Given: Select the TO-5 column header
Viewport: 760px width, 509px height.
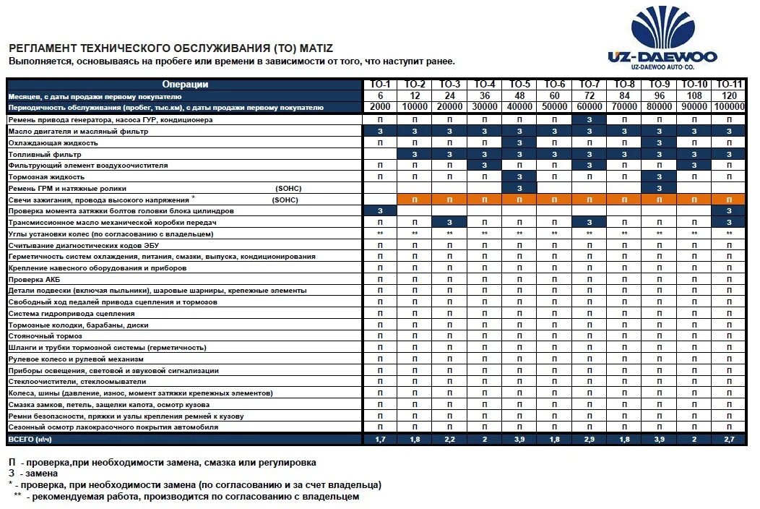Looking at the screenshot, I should click(520, 85).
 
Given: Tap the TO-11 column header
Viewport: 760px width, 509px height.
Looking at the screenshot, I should click(729, 85).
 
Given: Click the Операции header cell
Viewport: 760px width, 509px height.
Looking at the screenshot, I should click(185, 85).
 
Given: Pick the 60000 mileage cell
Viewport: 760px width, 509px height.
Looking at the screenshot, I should click(590, 107).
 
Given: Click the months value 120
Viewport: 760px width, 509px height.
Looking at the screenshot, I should click(729, 95).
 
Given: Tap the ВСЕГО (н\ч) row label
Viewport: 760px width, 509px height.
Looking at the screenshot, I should click(30, 439).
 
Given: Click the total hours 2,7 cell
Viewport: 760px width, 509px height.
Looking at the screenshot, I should click(729, 439).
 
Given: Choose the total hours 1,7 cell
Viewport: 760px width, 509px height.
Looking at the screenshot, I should click(380, 439).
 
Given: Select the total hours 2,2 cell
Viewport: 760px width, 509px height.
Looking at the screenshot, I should click(449, 439).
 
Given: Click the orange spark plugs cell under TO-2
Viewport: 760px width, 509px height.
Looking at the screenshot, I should click(415, 199).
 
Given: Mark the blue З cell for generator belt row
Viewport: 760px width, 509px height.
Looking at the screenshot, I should click(590, 119).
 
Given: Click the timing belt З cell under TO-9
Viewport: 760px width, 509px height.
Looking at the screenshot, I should click(660, 188).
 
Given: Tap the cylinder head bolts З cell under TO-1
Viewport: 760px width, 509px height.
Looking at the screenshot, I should click(380, 210).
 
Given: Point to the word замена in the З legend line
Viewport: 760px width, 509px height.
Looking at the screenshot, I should click(42, 474).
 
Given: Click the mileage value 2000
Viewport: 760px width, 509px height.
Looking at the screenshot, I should click(380, 107).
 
